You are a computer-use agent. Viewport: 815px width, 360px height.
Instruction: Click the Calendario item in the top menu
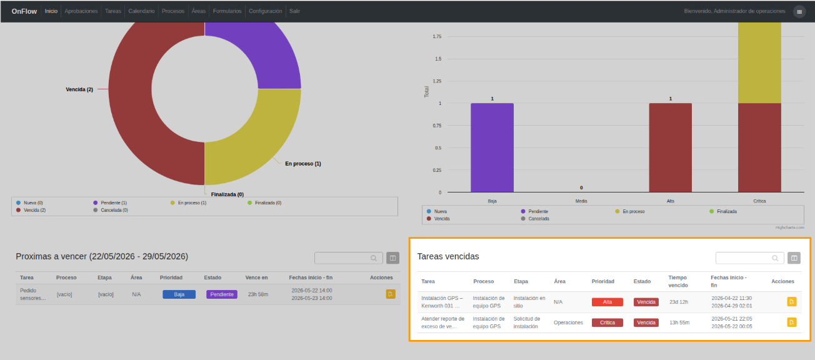click(141, 11)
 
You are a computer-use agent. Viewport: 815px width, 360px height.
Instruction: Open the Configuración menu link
click(265, 11)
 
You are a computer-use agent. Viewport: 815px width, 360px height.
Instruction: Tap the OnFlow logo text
click(24, 11)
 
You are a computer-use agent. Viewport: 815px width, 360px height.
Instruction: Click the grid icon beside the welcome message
click(799, 12)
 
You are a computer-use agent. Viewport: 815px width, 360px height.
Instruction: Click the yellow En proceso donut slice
click(255, 142)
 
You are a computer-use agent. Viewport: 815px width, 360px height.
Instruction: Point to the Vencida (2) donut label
click(79, 89)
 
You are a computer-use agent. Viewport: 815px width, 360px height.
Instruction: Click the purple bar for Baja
click(492, 147)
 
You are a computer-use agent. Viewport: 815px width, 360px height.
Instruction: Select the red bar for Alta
click(670, 147)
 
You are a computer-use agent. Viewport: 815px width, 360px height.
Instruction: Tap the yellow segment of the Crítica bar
click(759, 62)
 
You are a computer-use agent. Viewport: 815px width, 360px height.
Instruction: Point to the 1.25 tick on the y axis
click(437, 81)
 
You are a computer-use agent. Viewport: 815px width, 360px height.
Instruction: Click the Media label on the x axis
click(581, 201)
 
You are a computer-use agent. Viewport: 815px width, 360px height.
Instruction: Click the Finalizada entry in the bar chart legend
click(723, 211)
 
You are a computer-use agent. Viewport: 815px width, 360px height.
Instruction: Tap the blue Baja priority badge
click(179, 294)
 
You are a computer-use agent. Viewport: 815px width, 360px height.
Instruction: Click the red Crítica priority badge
click(607, 322)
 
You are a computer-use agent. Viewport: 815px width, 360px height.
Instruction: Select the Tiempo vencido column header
click(678, 281)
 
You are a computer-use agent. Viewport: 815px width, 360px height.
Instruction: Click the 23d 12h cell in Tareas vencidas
click(679, 302)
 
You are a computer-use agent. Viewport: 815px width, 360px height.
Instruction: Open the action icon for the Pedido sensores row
click(391, 294)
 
